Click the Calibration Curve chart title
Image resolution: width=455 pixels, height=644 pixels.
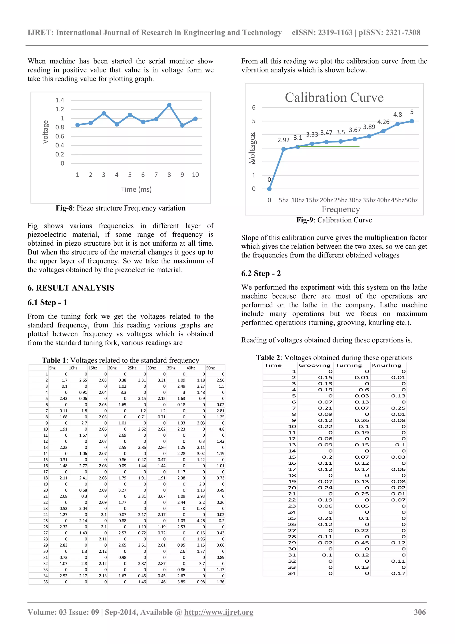pos(334,98)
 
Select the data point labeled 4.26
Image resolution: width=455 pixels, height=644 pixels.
pos(383,131)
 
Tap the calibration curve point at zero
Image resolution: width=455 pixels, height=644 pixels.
pos(269,189)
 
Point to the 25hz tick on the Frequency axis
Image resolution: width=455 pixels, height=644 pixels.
pos(340,200)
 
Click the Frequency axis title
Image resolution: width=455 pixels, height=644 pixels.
pos(340,209)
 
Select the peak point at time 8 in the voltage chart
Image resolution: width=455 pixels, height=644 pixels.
pos(169,105)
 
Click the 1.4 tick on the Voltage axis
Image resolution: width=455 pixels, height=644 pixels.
pos(60,100)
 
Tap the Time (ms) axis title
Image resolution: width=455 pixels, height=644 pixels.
pos(136,189)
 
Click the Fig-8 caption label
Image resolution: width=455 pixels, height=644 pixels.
pos(64,208)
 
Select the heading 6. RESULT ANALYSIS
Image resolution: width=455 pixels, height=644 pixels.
pos(71,288)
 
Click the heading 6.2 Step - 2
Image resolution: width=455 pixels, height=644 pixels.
pos(261,273)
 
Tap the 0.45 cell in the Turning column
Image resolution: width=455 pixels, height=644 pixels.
pos(362,543)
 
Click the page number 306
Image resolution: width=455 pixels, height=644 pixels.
pos(420,612)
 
